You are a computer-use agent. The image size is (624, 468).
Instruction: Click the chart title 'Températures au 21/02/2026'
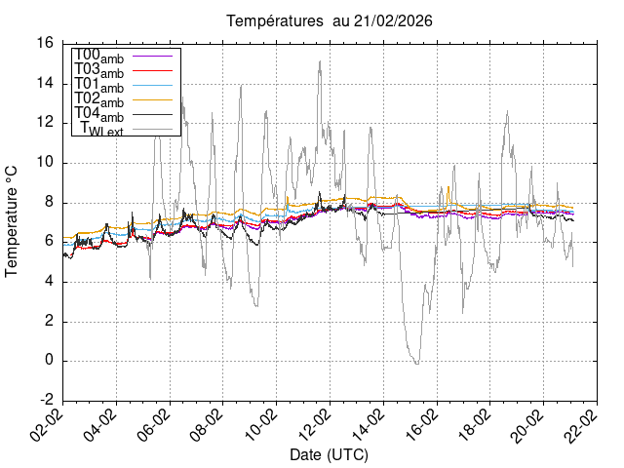tap(330, 20)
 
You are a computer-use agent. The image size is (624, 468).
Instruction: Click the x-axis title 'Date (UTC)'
tap(330, 455)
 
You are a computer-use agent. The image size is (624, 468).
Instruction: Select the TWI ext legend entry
tap(101, 130)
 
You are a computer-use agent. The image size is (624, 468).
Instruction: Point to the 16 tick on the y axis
tap(44, 43)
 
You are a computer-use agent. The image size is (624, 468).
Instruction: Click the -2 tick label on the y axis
tap(46, 401)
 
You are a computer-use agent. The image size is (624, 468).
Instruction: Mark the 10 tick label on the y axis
tap(44, 162)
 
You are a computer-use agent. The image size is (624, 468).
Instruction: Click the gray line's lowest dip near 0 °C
tap(416, 364)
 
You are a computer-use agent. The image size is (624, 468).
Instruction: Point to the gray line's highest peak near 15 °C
tap(320, 61)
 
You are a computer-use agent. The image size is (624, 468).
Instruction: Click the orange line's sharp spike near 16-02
tap(448, 188)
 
